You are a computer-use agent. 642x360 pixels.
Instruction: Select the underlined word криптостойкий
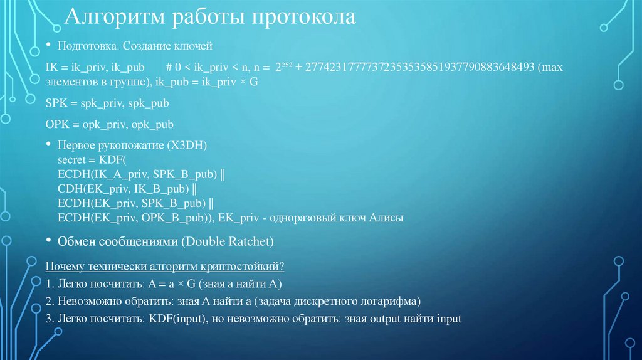pyautogui.click(x=253, y=267)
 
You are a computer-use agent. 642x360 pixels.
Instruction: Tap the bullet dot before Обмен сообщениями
pyautogui.click(x=50, y=241)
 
